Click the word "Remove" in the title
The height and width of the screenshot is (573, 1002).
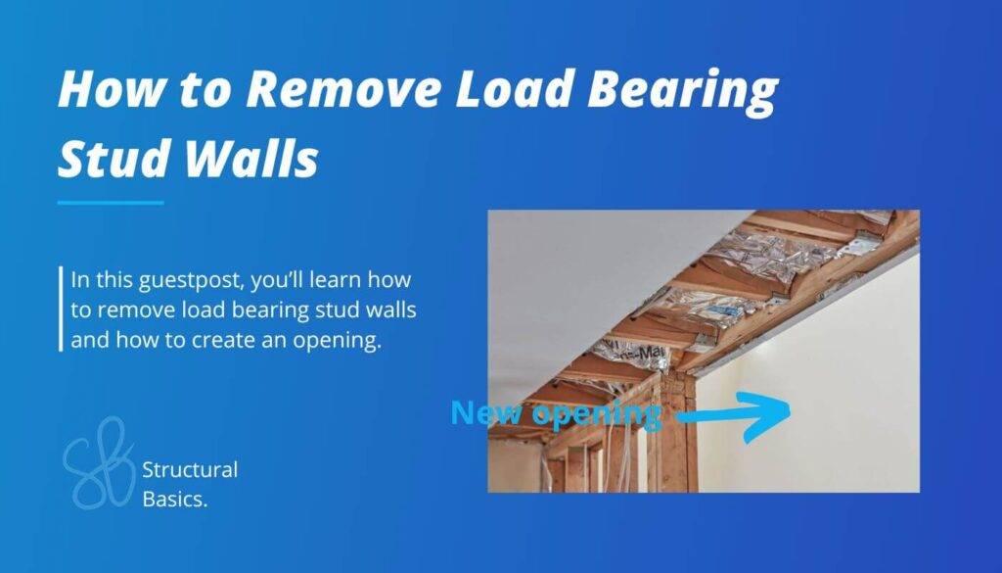327,90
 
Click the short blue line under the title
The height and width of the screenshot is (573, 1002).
110,203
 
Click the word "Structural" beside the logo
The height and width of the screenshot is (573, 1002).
190,469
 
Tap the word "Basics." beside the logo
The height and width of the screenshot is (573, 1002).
175,499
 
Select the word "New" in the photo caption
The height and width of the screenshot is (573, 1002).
482,413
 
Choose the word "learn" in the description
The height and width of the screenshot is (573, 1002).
350,279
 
